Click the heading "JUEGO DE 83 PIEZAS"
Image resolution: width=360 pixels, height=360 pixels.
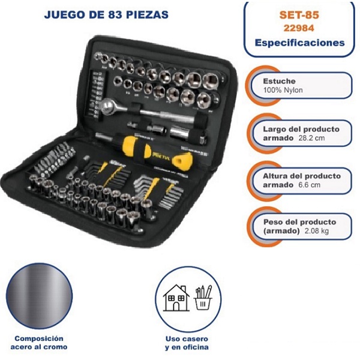tap(106, 14)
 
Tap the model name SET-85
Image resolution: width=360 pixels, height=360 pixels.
tap(299, 14)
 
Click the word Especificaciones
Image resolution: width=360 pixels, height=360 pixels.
tap(299, 43)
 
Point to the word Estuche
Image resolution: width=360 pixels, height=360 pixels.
tap(280, 81)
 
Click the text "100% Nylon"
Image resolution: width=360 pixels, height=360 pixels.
tap(283, 91)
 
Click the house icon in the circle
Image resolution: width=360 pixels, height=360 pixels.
tap(175, 297)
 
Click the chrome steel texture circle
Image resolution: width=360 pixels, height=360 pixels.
tap(41, 298)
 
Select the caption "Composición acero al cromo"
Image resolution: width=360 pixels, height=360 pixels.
tap(41, 342)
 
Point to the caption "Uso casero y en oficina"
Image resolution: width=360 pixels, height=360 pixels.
tap(188, 342)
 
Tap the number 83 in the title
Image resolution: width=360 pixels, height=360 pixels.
tap(107, 14)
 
